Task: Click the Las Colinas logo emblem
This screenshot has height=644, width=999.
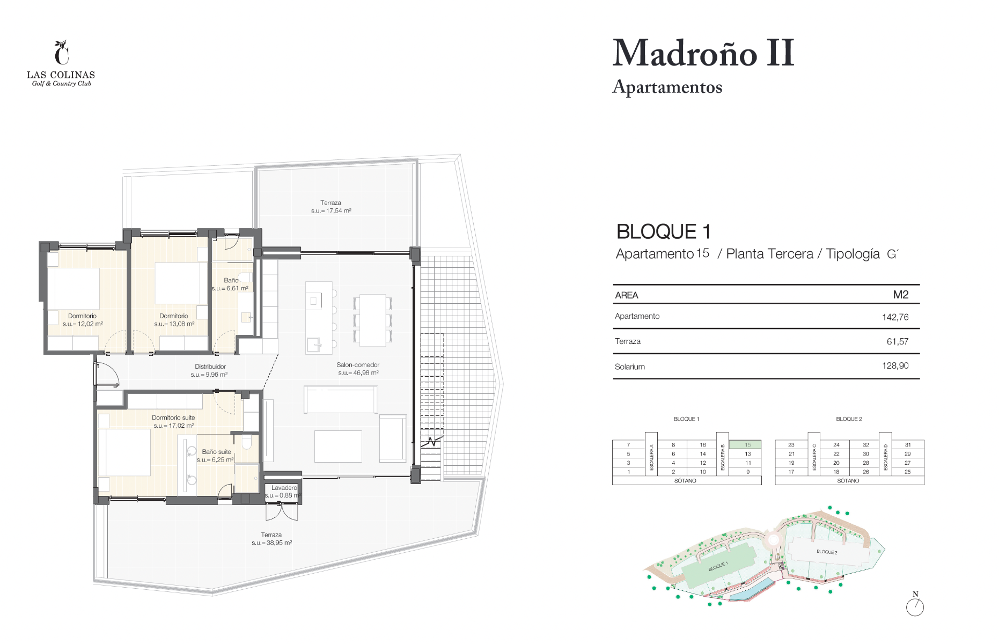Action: point(62,52)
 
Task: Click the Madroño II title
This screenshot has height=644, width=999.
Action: point(703,53)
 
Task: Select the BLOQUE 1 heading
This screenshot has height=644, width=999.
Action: point(664,232)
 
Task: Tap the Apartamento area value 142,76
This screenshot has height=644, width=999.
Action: point(895,317)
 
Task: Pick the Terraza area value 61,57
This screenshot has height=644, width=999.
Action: point(897,341)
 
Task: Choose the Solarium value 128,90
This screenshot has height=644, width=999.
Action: point(895,366)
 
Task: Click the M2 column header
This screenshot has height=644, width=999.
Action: point(901,295)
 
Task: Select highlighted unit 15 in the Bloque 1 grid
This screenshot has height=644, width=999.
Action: point(747,445)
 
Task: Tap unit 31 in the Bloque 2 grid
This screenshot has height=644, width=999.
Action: point(908,445)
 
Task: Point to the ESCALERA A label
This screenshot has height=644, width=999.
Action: point(651,458)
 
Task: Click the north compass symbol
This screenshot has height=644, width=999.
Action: point(915,605)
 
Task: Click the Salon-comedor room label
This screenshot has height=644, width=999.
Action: point(358,365)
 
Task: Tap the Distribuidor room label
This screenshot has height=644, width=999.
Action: point(210,367)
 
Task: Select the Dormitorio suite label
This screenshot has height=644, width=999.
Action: point(173,418)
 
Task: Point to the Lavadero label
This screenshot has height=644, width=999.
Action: point(284,488)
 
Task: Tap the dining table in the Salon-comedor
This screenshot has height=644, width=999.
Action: point(372,320)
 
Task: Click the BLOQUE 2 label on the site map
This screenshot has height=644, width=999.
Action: point(827,552)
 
